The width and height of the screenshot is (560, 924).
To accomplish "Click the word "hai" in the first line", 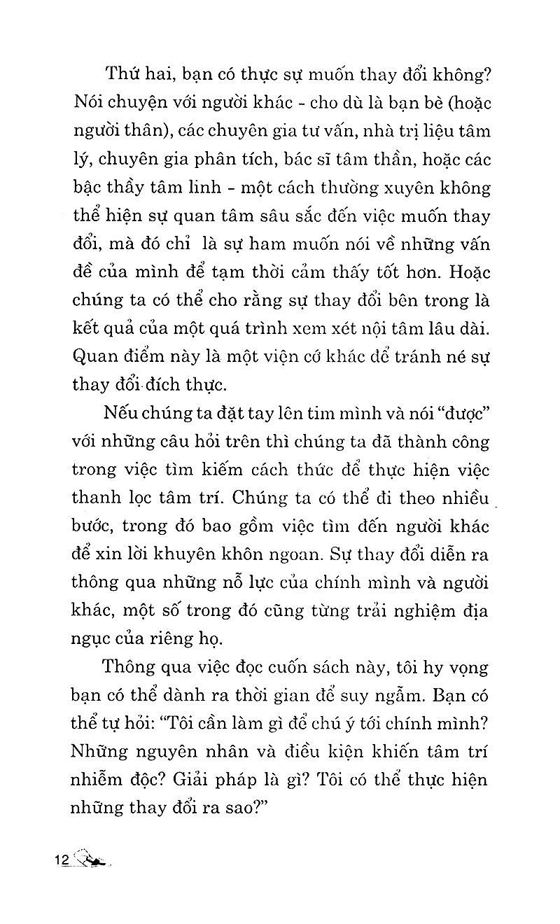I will [x=162, y=73].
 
